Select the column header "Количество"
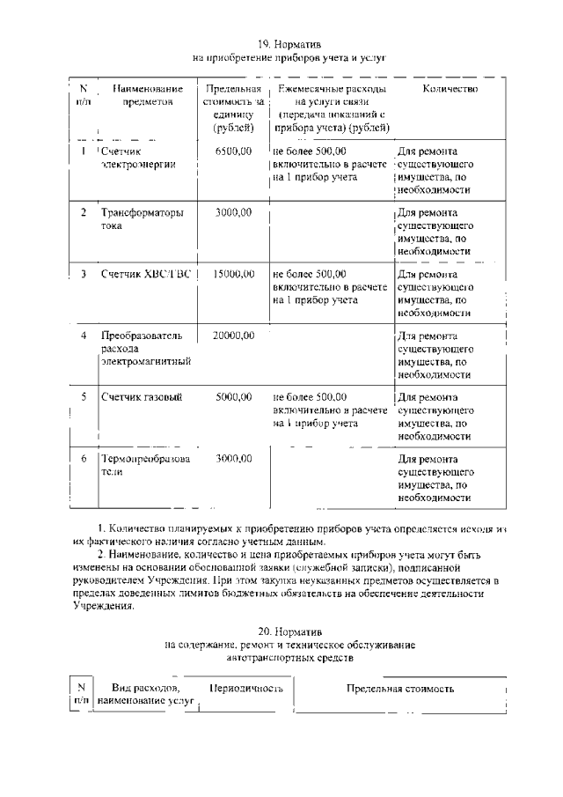(450, 89)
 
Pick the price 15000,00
(233, 274)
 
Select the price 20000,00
(233, 336)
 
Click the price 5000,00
(233, 397)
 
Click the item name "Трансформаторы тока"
(142, 218)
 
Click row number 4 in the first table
(84, 336)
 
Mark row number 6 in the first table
(84, 459)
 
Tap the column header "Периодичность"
(245, 687)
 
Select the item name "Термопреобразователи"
(142, 465)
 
